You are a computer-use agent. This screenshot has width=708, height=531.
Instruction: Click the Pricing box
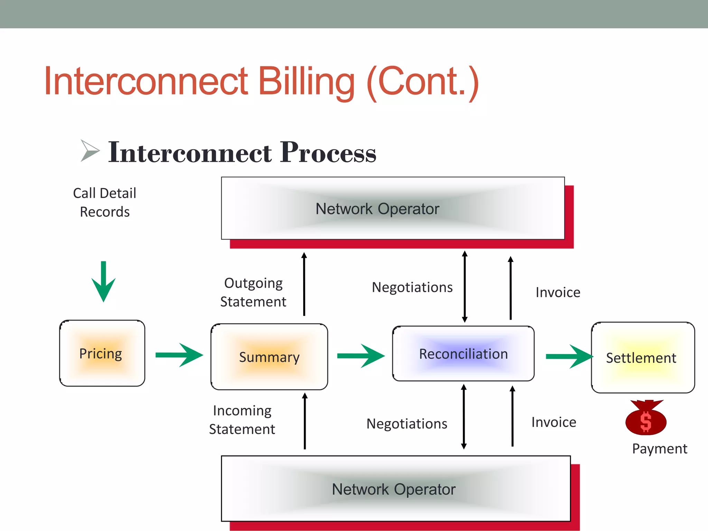tap(102, 353)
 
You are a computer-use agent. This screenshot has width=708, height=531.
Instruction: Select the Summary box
tap(269, 357)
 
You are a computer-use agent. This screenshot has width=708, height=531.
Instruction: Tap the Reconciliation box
tap(463, 354)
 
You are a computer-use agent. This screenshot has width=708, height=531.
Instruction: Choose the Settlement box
tap(643, 357)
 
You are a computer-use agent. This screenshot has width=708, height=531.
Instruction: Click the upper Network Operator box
tap(393, 208)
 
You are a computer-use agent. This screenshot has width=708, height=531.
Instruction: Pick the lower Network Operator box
tap(395, 488)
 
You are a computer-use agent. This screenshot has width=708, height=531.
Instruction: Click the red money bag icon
tap(645, 419)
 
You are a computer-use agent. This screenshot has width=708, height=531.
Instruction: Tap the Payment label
tap(659, 449)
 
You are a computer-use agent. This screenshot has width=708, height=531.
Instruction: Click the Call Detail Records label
tap(105, 202)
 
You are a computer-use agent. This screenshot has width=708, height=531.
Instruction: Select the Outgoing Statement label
tap(253, 292)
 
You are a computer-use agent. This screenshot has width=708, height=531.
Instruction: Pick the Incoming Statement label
tap(242, 420)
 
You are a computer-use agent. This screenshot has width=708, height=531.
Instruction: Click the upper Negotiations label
tap(412, 287)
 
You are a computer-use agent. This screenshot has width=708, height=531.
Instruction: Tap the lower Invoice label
tap(553, 422)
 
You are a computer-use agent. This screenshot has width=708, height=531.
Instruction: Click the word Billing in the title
tap(306, 81)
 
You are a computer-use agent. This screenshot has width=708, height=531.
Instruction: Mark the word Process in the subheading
tap(328, 152)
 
